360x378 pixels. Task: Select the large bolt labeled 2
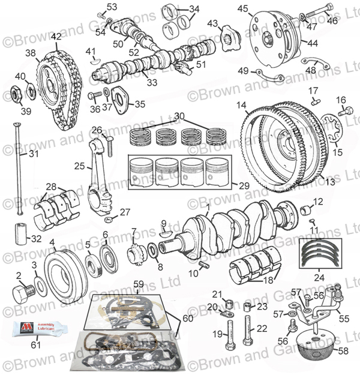click(x=22, y=295)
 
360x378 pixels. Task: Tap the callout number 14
click(x=241, y=107)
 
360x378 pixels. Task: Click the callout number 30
click(x=179, y=115)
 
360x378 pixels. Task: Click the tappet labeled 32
click(x=25, y=231)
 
